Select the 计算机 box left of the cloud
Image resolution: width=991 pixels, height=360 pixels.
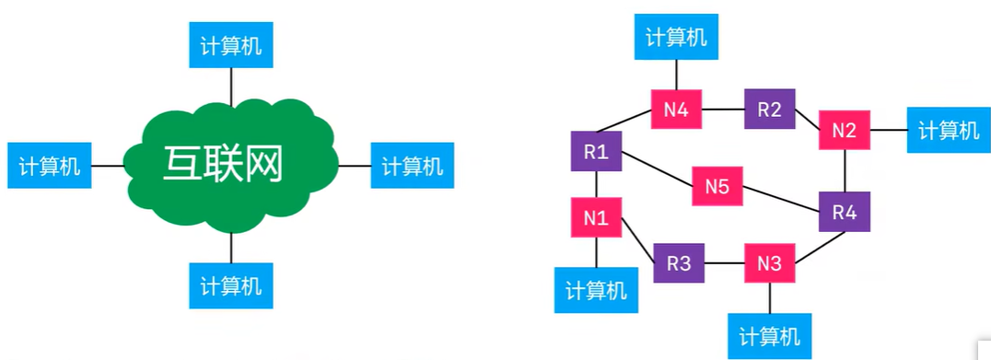(50, 167)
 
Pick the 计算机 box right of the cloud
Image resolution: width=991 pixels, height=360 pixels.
(412, 167)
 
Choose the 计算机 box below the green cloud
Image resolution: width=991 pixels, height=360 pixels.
(230, 285)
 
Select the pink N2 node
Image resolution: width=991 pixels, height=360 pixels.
(844, 131)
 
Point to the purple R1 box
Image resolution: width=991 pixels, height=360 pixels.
(595, 151)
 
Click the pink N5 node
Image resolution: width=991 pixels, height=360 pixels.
(717, 187)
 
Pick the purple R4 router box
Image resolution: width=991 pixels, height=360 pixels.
(844, 212)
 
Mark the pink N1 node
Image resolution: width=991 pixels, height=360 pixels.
(595, 218)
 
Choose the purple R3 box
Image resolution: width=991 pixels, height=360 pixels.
(679, 263)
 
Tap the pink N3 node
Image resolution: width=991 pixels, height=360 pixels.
(769, 263)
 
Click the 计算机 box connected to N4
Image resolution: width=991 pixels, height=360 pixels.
(676, 37)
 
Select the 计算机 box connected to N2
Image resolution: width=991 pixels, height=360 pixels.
(949, 131)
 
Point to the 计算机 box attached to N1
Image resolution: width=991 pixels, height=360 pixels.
(595, 290)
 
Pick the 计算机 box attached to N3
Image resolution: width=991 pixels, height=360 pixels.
(770, 334)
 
